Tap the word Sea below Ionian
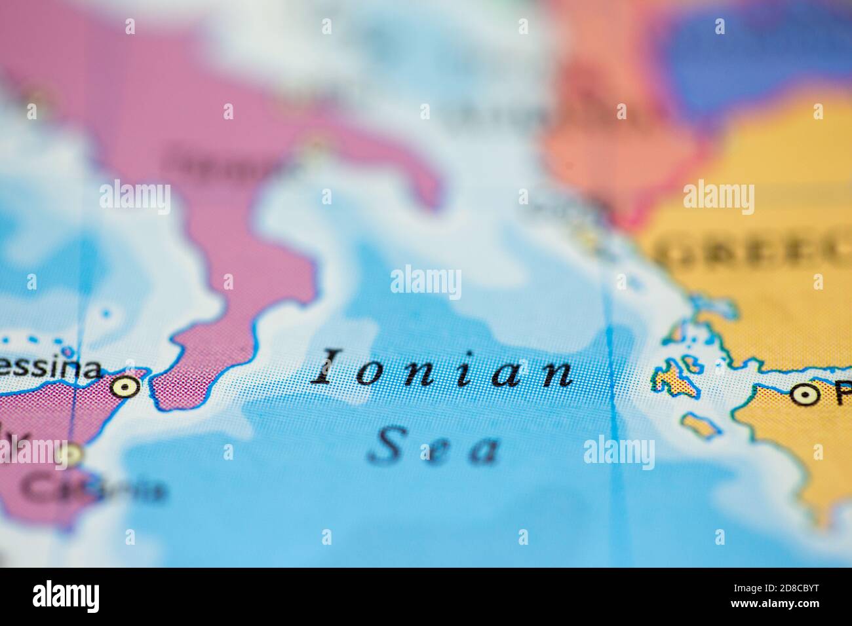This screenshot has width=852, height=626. [x=434, y=445]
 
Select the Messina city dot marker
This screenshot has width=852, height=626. [x=125, y=386]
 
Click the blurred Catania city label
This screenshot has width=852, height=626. [x=98, y=488]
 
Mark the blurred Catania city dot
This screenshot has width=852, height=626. [x=71, y=453]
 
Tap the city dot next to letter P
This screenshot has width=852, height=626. [x=802, y=394]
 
